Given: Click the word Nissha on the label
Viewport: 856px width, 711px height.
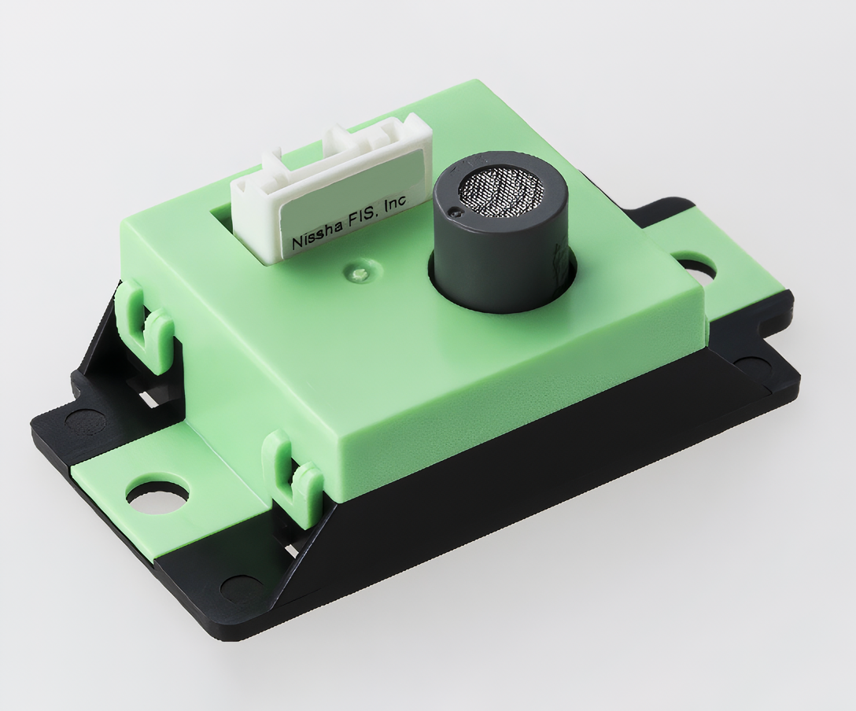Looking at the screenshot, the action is (x=316, y=234).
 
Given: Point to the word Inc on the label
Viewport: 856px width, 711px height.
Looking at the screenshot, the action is (x=395, y=204).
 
